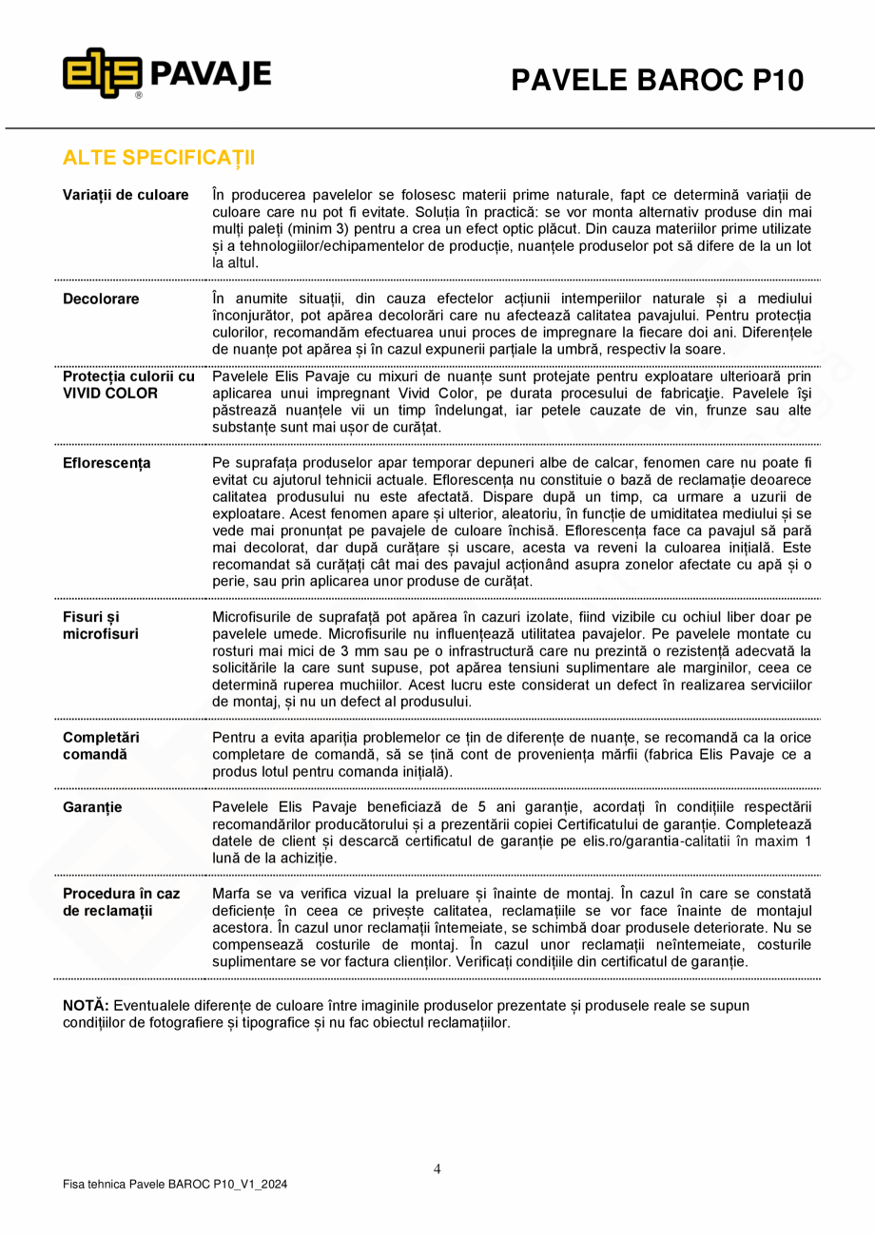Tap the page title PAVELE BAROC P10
[657, 81]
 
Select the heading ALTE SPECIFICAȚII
[159, 157]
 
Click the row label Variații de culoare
[126, 195]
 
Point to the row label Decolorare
[101, 299]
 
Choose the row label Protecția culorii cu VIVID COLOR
[128, 384]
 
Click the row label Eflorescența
[107, 463]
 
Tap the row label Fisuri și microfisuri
[100, 625]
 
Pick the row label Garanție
[92, 807]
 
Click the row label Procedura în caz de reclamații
[121, 902]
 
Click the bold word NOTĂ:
[86, 1005]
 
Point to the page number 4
[437, 1168]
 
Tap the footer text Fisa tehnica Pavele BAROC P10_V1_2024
[175, 1185]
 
